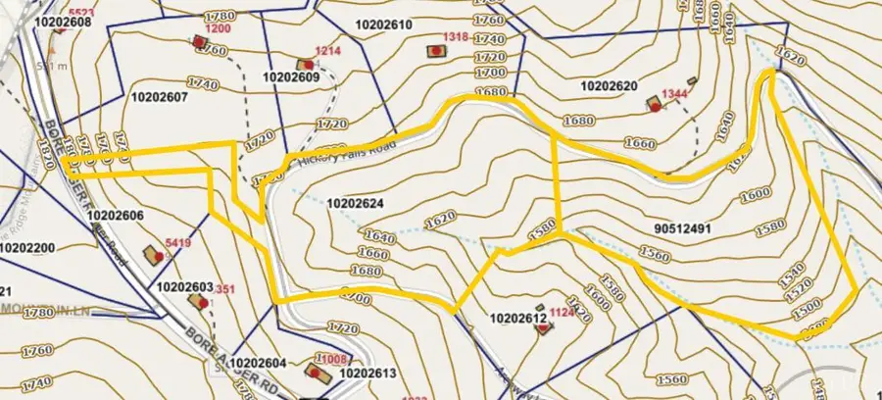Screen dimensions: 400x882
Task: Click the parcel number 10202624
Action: [x=358, y=204]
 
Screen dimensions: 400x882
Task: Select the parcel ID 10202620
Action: [x=609, y=86]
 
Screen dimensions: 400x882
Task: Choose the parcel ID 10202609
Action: [x=291, y=76]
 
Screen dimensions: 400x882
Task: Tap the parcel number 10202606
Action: [x=116, y=215]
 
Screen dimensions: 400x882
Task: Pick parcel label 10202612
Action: [x=516, y=318]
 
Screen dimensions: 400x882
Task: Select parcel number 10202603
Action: [x=184, y=287]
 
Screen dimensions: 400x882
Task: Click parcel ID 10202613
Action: [x=367, y=373]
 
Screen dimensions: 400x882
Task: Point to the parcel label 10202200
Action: [x=27, y=248]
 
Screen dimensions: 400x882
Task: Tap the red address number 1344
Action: [x=674, y=93]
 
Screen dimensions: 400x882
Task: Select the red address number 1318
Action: [x=455, y=36]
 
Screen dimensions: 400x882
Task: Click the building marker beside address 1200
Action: [x=200, y=42]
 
